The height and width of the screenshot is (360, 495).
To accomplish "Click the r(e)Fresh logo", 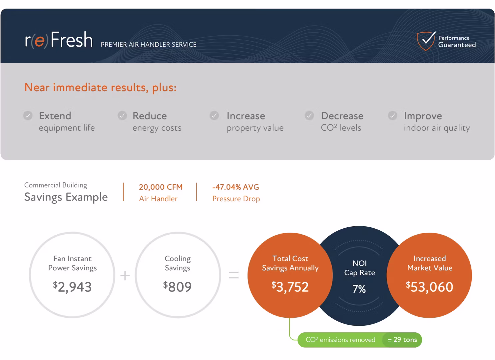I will pyautogui.click(x=59, y=40).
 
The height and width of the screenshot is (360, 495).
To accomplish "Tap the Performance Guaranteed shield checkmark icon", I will pyautogui.click(x=426, y=41).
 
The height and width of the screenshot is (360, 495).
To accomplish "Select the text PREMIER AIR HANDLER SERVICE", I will pyautogui.click(x=149, y=45).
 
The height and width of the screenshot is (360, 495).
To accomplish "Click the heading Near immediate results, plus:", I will pyautogui.click(x=100, y=87).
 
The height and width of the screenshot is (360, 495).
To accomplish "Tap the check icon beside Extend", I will pyautogui.click(x=28, y=116).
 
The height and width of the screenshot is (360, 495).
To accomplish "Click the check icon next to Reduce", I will pyautogui.click(x=122, y=116).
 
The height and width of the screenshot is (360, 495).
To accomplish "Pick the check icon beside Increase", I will pyautogui.click(x=214, y=116).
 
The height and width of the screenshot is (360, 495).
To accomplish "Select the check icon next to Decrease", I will pyautogui.click(x=309, y=116).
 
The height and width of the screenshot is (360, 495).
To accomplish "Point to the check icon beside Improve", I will pyautogui.click(x=393, y=116).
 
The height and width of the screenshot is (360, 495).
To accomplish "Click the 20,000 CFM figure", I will pyautogui.click(x=161, y=187).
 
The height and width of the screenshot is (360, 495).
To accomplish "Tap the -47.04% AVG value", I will pyautogui.click(x=236, y=187).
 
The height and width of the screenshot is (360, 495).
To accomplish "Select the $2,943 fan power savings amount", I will pyautogui.click(x=72, y=287).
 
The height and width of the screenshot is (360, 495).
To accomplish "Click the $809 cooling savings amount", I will pyautogui.click(x=178, y=287).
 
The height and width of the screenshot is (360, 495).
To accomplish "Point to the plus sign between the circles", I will pyautogui.click(x=125, y=275).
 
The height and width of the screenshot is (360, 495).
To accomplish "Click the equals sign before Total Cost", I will pyautogui.click(x=234, y=275).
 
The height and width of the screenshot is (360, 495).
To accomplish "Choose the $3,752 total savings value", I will pyautogui.click(x=290, y=287).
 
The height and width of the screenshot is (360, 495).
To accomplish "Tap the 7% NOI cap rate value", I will pyautogui.click(x=359, y=289).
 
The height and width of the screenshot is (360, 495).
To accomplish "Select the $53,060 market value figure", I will pyautogui.click(x=429, y=287).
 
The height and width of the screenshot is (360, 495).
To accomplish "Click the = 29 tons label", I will pyautogui.click(x=402, y=340).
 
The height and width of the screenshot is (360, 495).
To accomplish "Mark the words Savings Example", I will pyautogui.click(x=66, y=197).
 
